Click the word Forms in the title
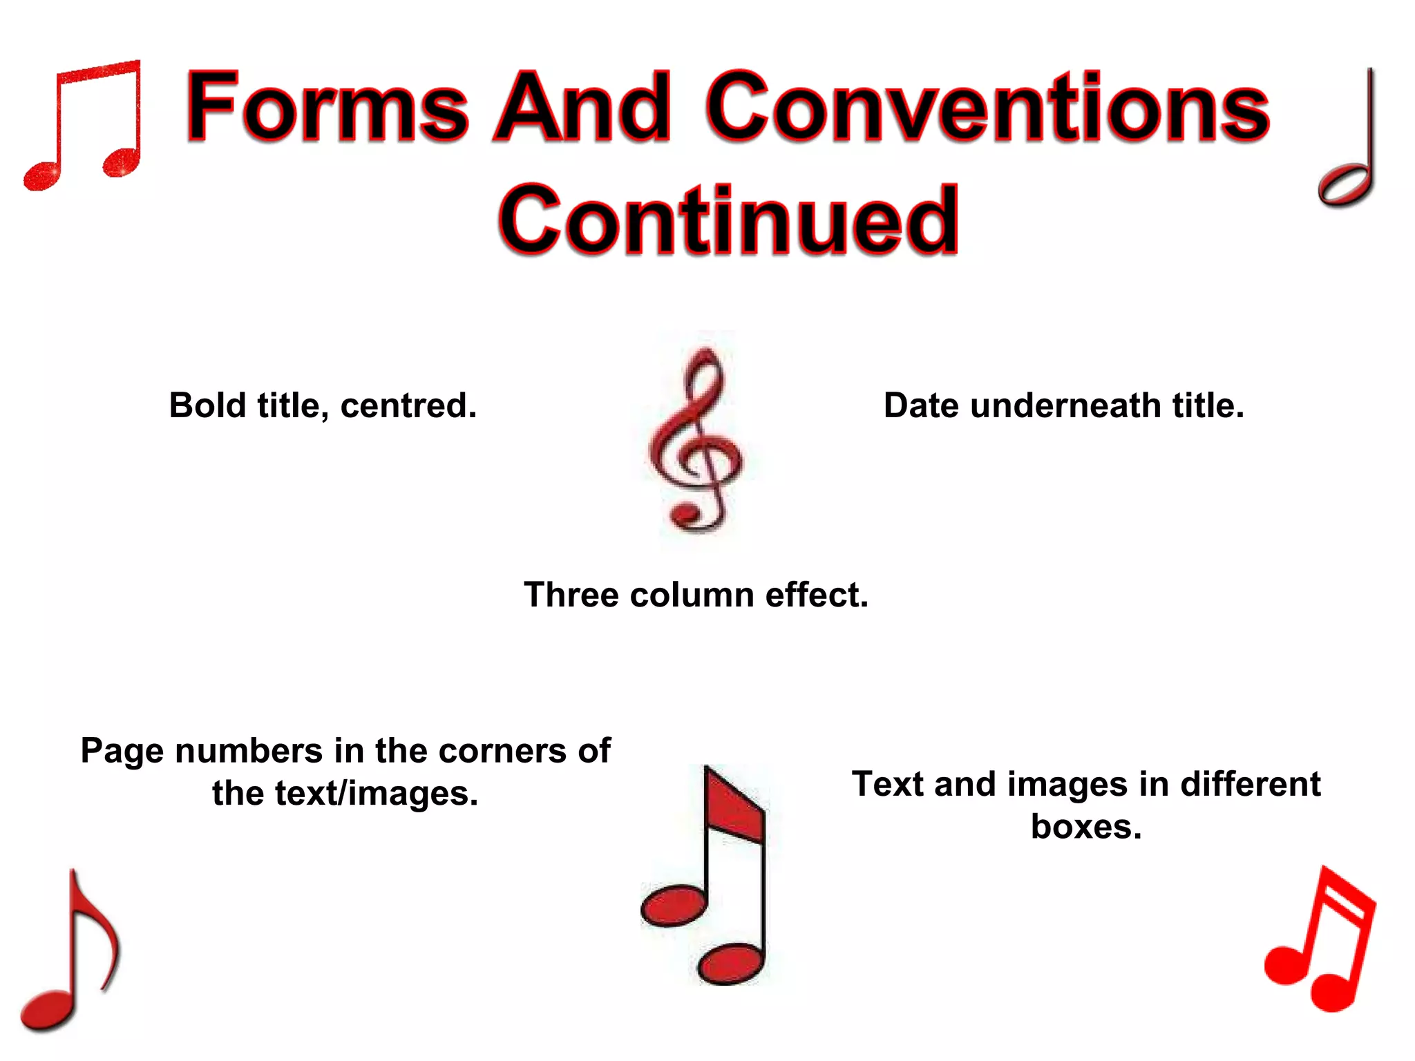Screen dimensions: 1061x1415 coord(327,107)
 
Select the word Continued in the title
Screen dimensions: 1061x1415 coord(728,220)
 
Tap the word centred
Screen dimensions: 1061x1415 coord(408,405)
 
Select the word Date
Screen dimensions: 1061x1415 coord(922,405)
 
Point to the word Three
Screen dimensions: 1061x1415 coord(571,595)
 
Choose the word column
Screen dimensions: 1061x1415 coord(692,595)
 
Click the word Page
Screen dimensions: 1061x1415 coord(124,751)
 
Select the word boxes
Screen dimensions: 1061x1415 coord(1086,827)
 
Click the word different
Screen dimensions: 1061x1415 coord(1250,785)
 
